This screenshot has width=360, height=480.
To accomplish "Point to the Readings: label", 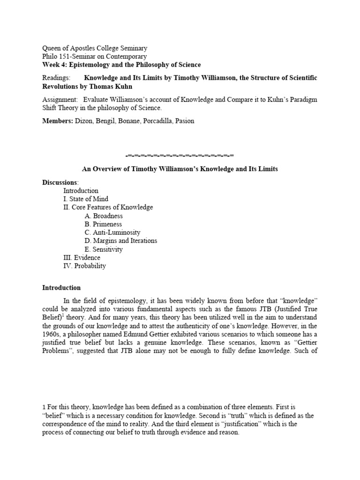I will coord(56,77).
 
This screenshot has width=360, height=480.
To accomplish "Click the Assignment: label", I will coord(60,99).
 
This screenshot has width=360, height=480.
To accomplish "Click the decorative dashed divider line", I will coord(180,155).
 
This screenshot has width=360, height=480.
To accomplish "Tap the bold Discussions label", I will coord(60,182).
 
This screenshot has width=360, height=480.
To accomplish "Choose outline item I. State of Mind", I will coord(86,199).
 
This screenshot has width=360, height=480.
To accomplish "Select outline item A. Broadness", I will coord(104,216).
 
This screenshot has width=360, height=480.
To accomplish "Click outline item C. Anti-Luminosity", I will coord(112,232).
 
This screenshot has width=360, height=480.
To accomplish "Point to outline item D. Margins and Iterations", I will coord(121,241).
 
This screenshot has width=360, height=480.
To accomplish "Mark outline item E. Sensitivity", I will coord(104,249).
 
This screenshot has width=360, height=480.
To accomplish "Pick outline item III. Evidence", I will coord(82,258).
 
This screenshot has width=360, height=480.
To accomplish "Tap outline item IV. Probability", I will coord(85,266).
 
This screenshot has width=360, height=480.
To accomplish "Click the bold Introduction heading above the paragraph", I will coord(61,288).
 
